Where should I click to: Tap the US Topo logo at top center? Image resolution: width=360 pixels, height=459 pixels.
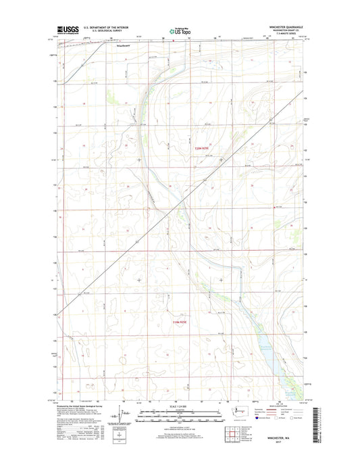pos(178,31)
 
